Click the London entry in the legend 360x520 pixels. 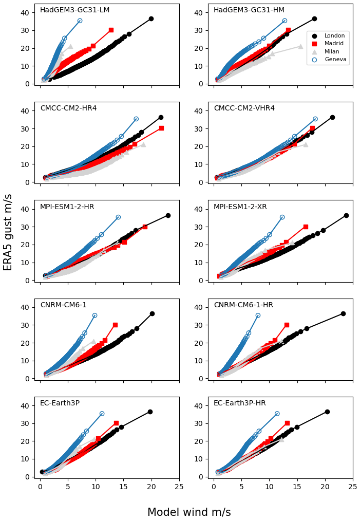pos(335,36)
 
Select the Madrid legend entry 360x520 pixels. pos(335,44)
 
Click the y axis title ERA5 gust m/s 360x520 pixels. pos(8,232)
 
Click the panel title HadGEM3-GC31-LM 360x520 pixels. pos(74,10)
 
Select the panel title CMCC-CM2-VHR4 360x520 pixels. pos(244,108)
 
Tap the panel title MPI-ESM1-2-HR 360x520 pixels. pos(67,207)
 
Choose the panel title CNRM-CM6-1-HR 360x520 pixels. pos(243,305)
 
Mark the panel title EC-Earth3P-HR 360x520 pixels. pos(240,403)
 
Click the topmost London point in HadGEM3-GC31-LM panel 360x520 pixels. pos(151,18)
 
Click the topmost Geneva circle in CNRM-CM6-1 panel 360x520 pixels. pos(94,315)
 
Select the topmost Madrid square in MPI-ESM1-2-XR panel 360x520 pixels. pos(306,227)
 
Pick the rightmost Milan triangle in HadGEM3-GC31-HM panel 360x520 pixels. pos(300,46)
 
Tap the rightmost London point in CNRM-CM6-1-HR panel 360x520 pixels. pos(343,313)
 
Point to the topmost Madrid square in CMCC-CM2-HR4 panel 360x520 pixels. pos(161,128)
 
